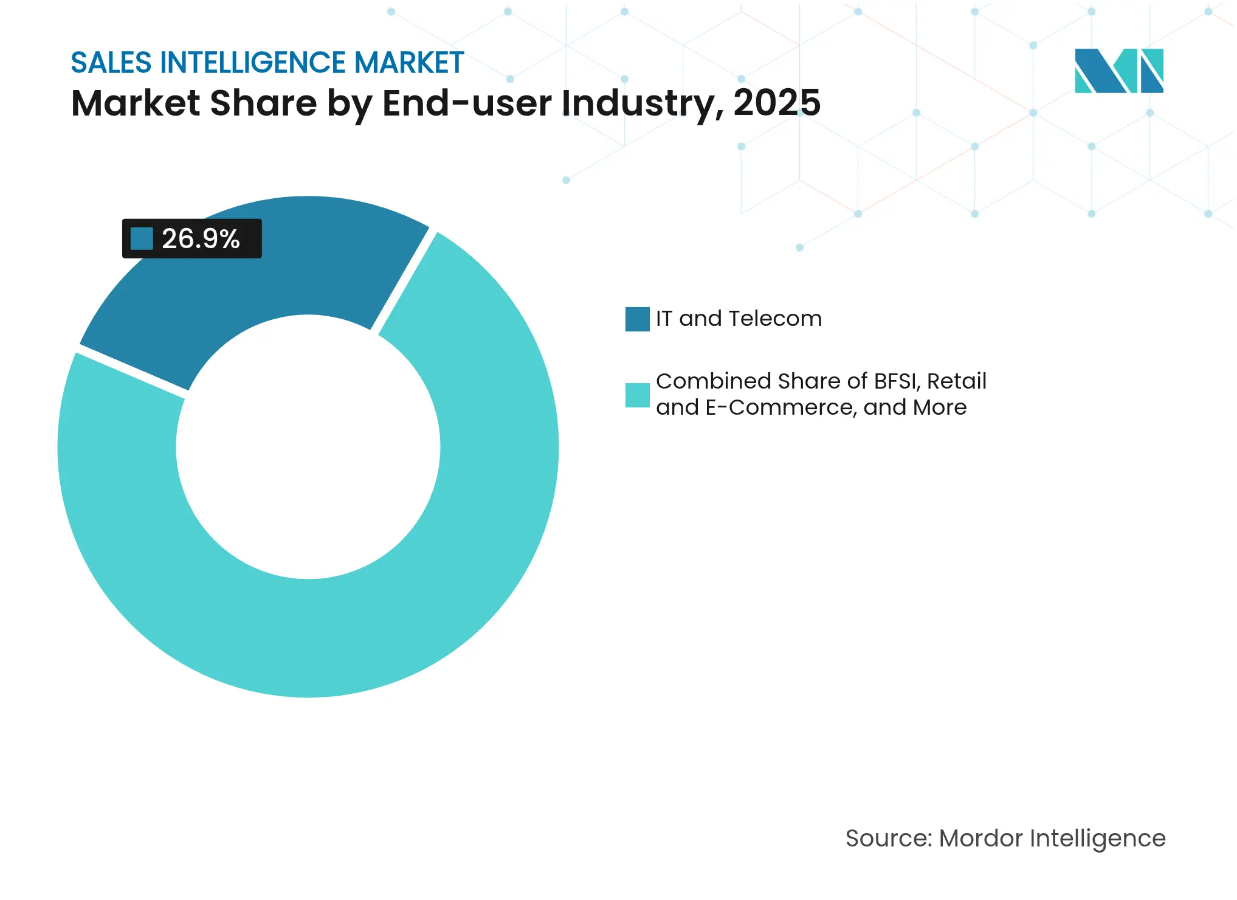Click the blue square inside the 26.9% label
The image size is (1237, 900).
(142, 238)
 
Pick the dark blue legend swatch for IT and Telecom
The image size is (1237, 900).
(637, 319)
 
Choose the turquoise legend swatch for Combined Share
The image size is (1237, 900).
(637, 395)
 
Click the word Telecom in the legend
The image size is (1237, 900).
(775, 319)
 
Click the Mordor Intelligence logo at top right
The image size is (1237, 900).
(1118, 71)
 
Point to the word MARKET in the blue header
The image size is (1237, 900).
(409, 63)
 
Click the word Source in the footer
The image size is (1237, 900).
(887, 838)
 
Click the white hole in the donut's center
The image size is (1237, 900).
(308, 447)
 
